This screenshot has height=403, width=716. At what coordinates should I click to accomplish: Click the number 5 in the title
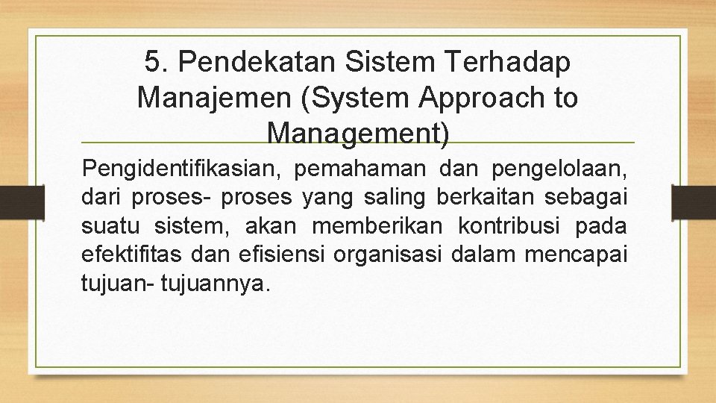[152, 63]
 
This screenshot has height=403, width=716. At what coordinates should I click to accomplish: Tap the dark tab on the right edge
[694, 201]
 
